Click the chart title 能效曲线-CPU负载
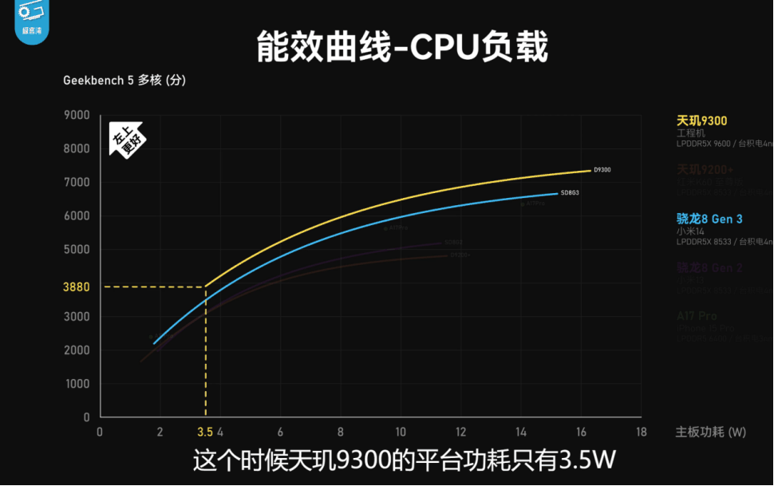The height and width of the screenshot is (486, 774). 402,47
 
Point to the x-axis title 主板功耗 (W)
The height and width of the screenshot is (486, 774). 710,433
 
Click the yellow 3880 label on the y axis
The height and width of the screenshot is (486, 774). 76,286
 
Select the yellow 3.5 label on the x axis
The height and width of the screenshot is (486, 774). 205,433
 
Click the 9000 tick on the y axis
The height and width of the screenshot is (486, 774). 77,115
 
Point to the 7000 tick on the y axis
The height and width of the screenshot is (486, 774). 77,183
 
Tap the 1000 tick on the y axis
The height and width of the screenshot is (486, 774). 77,384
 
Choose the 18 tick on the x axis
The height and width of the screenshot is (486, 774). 641,433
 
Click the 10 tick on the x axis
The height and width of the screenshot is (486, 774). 401,433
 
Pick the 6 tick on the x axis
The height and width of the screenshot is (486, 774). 280,433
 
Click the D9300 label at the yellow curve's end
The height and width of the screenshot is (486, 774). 602,170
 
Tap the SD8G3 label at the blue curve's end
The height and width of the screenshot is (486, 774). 570,193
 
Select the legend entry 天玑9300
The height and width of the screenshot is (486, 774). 701,121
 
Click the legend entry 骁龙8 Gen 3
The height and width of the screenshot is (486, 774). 709,219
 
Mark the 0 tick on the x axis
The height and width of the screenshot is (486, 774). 99,433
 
